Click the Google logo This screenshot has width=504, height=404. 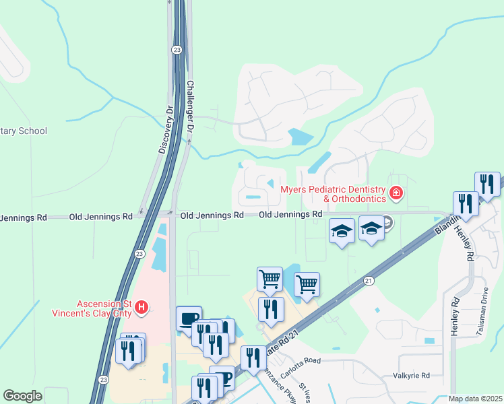pyautogui.click(x=22, y=396)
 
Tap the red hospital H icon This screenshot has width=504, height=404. pyautogui.click(x=141, y=308)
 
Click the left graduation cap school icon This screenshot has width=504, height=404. pyautogui.click(x=342, y=231)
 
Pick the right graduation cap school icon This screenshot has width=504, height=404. pyautogui.click(x=371, y=228)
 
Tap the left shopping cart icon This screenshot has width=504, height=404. pyautogui.click(x=270, y=278)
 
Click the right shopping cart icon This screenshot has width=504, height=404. pyautogui.click(x=307, y=283)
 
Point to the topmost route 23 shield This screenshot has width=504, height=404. pyautogui.click(x=176, y=49)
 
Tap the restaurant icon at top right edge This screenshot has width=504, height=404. pyautogui.click(x=487, y=184)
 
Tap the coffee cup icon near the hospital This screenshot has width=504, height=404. pyautogui.click(x=189, y=318)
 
